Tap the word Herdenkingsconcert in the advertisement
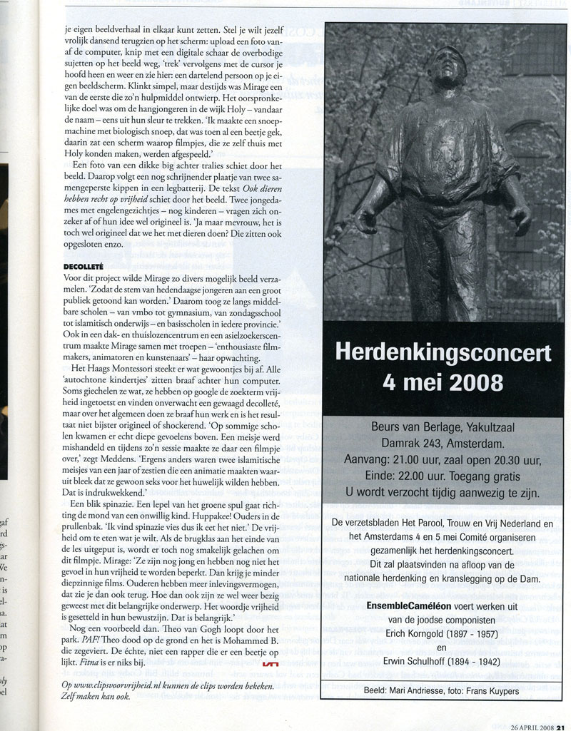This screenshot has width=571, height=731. tap(443, 353)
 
